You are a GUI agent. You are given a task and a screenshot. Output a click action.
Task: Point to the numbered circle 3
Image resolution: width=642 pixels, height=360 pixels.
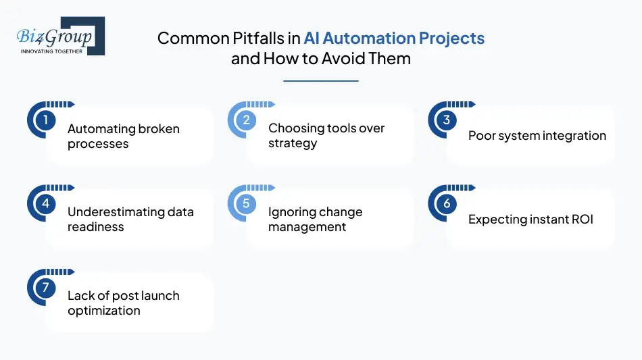point(447,120)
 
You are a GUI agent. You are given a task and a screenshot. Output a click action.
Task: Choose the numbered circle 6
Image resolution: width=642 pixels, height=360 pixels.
point(447,204)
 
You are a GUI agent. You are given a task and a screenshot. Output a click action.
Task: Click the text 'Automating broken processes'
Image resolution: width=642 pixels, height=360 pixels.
point(123,136)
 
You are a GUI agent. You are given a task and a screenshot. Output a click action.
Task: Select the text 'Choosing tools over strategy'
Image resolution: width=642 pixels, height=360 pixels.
point(326,136)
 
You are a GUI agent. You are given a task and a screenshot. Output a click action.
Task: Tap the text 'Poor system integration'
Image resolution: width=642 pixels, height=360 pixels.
point(537,136)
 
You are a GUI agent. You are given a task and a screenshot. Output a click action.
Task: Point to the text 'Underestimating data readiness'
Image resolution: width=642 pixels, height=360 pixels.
point(130,220)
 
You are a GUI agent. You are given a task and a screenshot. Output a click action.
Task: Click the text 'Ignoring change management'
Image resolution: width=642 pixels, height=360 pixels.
point(315,220)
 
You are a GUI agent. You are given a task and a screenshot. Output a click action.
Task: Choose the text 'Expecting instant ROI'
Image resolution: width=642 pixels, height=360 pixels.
point(530,220)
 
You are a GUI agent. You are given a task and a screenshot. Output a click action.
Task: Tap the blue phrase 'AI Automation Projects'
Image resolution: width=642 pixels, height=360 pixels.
point(394,38)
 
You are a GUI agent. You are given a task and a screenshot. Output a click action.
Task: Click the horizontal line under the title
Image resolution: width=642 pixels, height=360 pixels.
point(321,81)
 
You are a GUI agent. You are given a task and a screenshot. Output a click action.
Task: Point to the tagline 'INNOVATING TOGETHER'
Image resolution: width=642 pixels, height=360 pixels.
point(52,51)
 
